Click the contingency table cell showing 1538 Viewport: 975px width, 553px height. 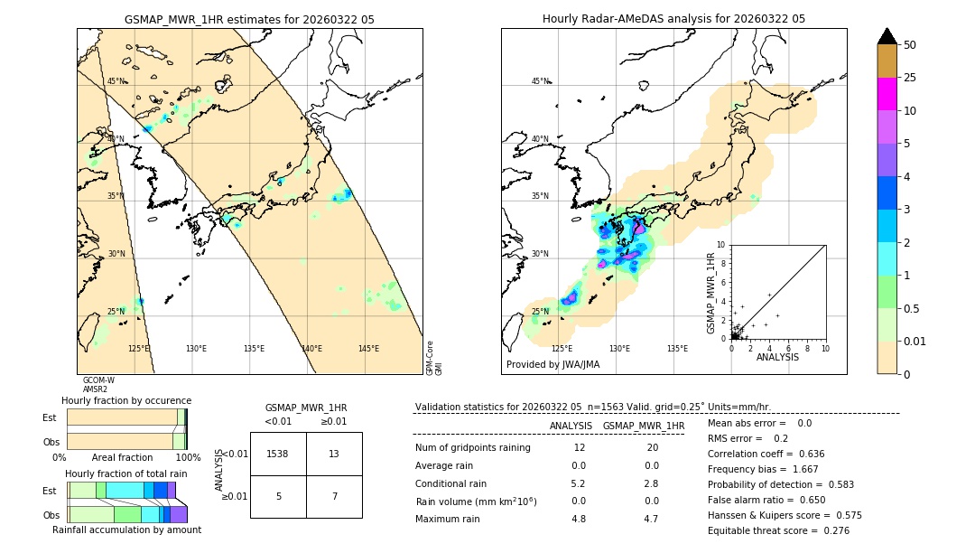coord(278,454)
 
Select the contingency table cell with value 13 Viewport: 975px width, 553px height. coord(334,454)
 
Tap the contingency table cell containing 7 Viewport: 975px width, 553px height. coord(334,497)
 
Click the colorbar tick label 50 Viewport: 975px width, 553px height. coord(911,45)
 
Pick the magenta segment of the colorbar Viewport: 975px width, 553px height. coord(887,94)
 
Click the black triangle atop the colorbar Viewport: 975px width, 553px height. coord(887,36)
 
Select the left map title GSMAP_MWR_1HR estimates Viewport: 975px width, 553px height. coord(249,19)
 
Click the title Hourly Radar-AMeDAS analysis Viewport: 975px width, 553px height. coord(673,19)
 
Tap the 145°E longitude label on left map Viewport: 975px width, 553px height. coord(368,349)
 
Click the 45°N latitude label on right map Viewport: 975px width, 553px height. coord(540,81)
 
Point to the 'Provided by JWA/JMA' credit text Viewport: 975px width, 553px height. coord(552,364)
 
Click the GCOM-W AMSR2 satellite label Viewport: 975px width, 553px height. coord(98,385)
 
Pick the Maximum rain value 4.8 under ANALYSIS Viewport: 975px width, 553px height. coord(579,519)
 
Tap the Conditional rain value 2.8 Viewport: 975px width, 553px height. coord(651,483)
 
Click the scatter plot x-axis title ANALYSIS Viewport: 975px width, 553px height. coord(777,357)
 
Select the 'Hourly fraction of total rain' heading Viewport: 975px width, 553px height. coord(126,473)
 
